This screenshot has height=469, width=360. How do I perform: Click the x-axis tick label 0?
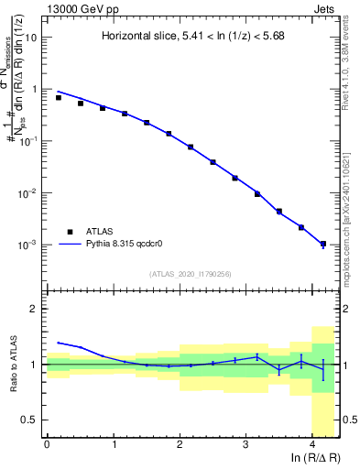pos(48,444)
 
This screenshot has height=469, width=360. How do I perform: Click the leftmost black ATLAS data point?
pos(59,97)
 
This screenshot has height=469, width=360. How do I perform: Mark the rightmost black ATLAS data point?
pos(322,244)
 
